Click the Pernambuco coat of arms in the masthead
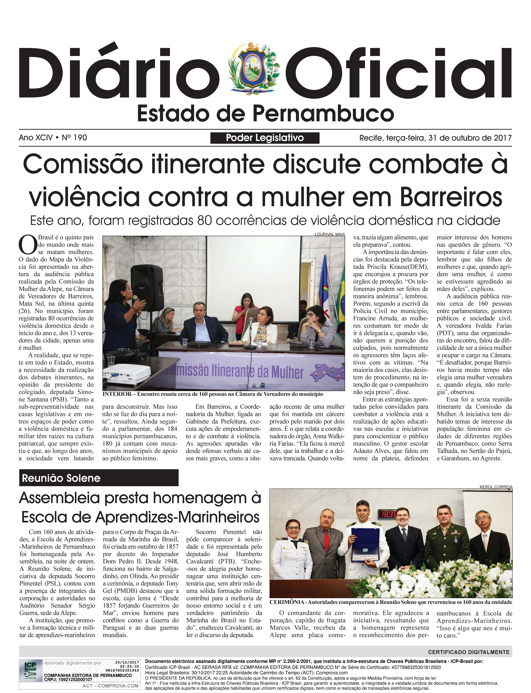(x=253, y=69)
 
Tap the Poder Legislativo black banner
(x=265, y=138)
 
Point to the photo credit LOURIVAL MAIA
(x=329, y=234)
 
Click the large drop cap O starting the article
(x=28, y=244)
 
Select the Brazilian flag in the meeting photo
(x=341, y=301)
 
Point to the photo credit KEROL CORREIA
(x=496, y=487)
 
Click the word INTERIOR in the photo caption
(x=117, y=394)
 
